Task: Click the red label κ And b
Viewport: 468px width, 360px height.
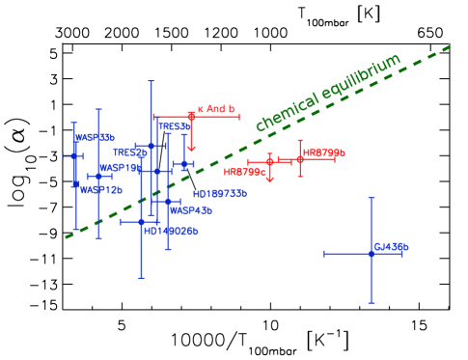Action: tap(216, 109)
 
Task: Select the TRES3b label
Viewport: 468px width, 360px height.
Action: tap(175, 126)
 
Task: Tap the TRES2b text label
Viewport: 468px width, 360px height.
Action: tap(129, 152)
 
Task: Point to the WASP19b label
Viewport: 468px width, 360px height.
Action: tap(120, 167)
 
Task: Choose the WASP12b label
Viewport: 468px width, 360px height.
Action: tap(101, 190)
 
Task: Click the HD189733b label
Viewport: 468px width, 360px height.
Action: tap(219, 193)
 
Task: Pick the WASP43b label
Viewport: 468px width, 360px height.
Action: tap(190, 209)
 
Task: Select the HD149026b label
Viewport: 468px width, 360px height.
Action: tap(171, 231)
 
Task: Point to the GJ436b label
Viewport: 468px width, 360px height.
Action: tap(391, 247)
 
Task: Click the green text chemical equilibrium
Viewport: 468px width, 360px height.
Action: tap(327, 94)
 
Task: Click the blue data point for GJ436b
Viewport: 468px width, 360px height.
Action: tap(371, 253)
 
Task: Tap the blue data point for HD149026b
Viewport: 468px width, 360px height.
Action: tap(141, 221)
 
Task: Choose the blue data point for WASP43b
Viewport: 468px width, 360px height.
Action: tap(168, 202)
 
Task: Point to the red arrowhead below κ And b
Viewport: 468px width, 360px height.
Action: tap(191, 149)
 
